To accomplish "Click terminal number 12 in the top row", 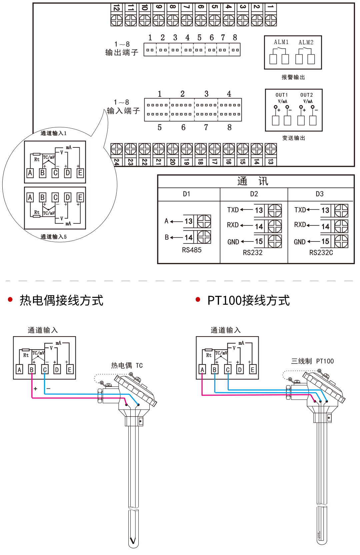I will (x=116, y=8).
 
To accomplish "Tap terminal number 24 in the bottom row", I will (x=116, y=162).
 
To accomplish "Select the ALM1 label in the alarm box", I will (x=281, y=42).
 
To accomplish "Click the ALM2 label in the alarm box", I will (x=306, y=42).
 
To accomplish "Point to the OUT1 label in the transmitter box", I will (x=282, y=95).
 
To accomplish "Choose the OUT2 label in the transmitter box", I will (x=307, y=95).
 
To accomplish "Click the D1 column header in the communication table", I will (x=186, y=194).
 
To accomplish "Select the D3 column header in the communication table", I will (x=319, y=194).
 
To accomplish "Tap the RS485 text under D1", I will (x=192, y=250).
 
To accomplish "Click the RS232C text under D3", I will (x=321, y=253).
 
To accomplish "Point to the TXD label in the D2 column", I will (x=233, y=210).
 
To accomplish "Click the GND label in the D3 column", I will (x=300, y=242).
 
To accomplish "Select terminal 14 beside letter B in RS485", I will (x=189, y=237).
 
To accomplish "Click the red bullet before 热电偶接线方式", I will (x=10, y=300).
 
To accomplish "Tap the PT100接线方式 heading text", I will (x=248, y=301).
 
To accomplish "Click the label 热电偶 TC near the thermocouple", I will (x=127, y=366).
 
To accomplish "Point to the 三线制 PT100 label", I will (x=312, y=361).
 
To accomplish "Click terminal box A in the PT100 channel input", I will (x=202, y=370).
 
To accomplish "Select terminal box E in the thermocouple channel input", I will (x=70, y=370).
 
